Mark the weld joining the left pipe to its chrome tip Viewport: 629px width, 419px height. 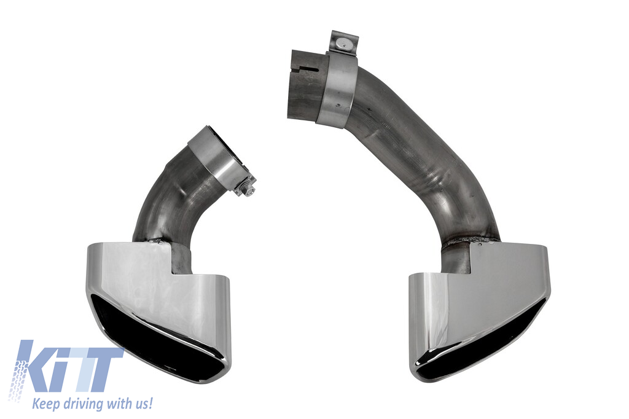point(154,241)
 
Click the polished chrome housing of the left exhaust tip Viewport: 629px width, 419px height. point(160,297)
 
